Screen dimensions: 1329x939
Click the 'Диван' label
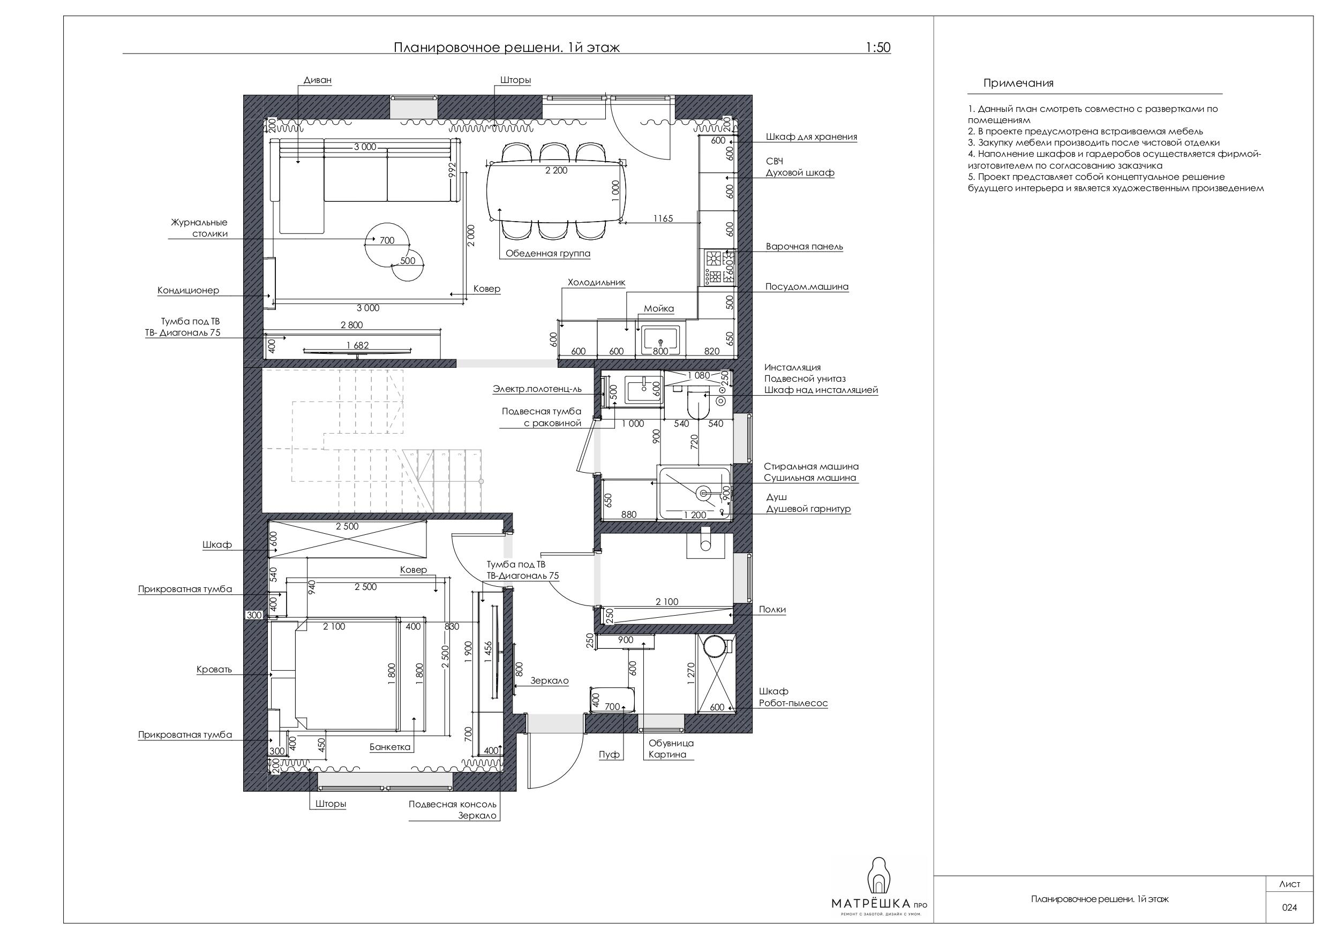[317, 80]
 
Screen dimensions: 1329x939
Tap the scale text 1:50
[878, 48]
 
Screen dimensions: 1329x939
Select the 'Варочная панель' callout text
[804, 246]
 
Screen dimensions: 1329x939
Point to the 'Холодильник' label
[596, 283]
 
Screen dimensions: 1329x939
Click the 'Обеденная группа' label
[547, 253]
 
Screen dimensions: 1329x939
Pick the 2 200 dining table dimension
[556, 170]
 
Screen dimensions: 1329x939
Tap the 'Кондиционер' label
[188, 291]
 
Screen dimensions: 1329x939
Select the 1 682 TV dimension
[357, 345]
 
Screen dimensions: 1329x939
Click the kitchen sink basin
[660, 340]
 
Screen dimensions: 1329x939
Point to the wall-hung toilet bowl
[700, 407]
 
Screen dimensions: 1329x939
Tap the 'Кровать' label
[214, 669]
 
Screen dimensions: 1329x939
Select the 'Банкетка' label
[389, 747]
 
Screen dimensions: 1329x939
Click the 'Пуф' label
[609, 754]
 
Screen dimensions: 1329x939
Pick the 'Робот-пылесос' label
[793, 703]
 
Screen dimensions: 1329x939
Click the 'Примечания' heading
[1018, 84]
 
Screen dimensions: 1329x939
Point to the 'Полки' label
[772, 609]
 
